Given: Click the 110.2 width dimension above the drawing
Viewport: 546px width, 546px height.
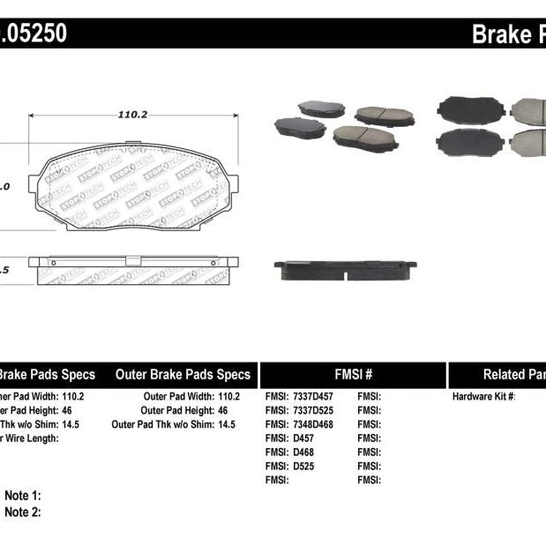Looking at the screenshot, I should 132,114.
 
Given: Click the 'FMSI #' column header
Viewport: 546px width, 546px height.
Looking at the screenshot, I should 353,374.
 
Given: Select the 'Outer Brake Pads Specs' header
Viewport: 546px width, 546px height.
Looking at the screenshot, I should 183,374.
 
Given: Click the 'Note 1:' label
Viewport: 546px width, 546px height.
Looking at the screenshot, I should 23,496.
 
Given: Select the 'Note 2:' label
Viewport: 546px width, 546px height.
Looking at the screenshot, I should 23,512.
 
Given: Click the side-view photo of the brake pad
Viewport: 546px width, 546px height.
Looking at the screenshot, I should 345,269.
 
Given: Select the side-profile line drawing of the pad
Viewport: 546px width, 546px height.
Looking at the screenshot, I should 133,271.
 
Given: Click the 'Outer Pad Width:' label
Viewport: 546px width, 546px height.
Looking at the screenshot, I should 173,396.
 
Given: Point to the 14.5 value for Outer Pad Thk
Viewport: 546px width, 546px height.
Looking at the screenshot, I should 226,424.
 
